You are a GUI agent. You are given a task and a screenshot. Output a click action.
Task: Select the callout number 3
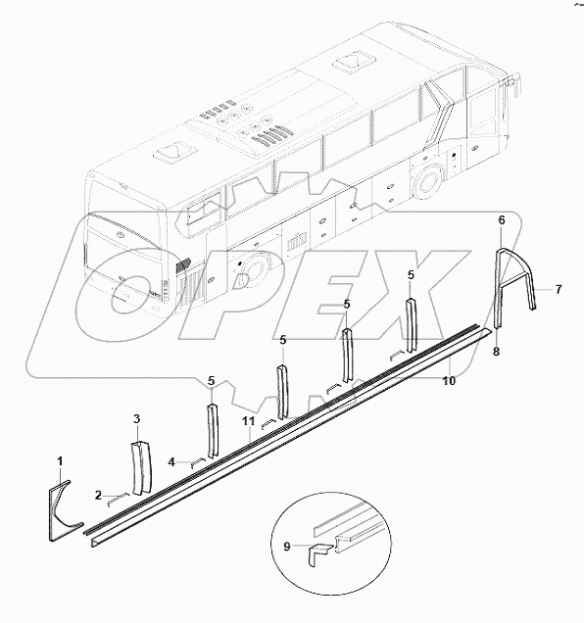pyautogui.click(x=137, y=419)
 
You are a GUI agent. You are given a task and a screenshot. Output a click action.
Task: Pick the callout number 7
pyautogui.click(x=558, y=289)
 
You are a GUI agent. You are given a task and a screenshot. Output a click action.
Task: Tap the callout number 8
pyautogui.click(x=496, y=351)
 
